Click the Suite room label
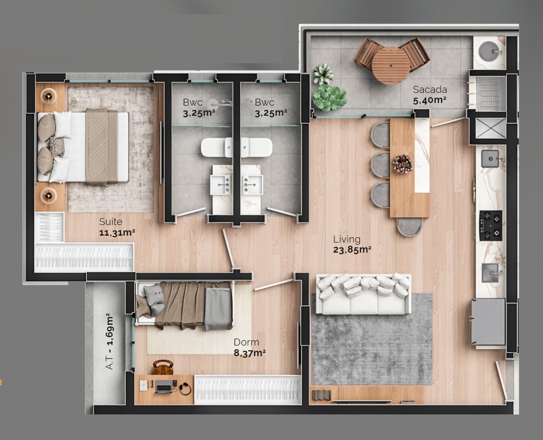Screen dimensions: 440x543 [x=110, y=222]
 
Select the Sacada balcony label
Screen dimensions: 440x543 [x=430, y=90]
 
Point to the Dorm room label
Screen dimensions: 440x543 [x=246, y=342]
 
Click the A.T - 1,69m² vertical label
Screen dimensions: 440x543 [x=110, y=342]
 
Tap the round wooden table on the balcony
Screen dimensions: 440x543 [x=391, y=65]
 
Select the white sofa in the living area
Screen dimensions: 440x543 [x=364, y=294]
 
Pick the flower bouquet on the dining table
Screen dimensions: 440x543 [x=402, y=163]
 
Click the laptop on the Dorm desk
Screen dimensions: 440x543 [x=163, y=386]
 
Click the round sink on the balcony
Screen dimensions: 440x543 [x=489, y=51]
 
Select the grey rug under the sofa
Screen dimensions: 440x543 [x=372, y=345]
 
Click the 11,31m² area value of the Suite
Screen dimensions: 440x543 [x=117, y=232]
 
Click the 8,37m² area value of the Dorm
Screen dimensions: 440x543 [x=249, y=352]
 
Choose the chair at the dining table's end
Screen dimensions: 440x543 [x=409, y=227]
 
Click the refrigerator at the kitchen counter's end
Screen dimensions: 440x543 [x=488, y=322]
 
